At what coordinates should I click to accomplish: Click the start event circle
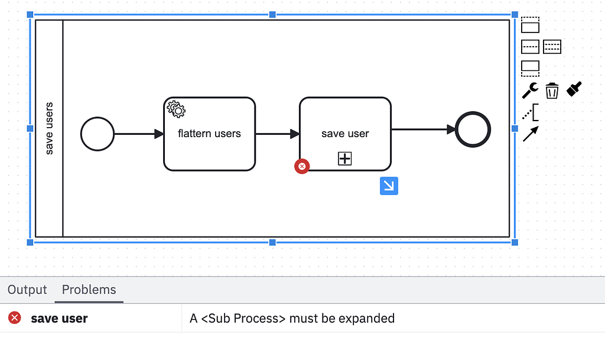click(97, 134)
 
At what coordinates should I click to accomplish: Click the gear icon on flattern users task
click(176, 109)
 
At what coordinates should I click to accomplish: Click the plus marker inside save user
click(345, 158)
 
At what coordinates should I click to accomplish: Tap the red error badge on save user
click(302, 167)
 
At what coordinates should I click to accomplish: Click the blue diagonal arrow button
click(389, 186)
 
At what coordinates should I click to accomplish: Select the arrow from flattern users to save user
click(277, 134)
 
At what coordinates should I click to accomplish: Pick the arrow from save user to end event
click(422, 129)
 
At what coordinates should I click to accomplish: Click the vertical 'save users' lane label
click(49, 128)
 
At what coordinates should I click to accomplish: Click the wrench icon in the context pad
click(530, 90)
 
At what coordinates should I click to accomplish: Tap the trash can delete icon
click(552, 90)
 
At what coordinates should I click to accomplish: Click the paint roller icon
click(574, 89)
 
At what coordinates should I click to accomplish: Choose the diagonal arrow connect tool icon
click(530, 134)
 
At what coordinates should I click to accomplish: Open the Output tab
click(27, 290)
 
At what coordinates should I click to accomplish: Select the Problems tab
click(89, 290)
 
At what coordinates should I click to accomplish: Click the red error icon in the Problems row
click(15, 318)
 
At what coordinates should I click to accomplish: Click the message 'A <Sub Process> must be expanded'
click(292, 318)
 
